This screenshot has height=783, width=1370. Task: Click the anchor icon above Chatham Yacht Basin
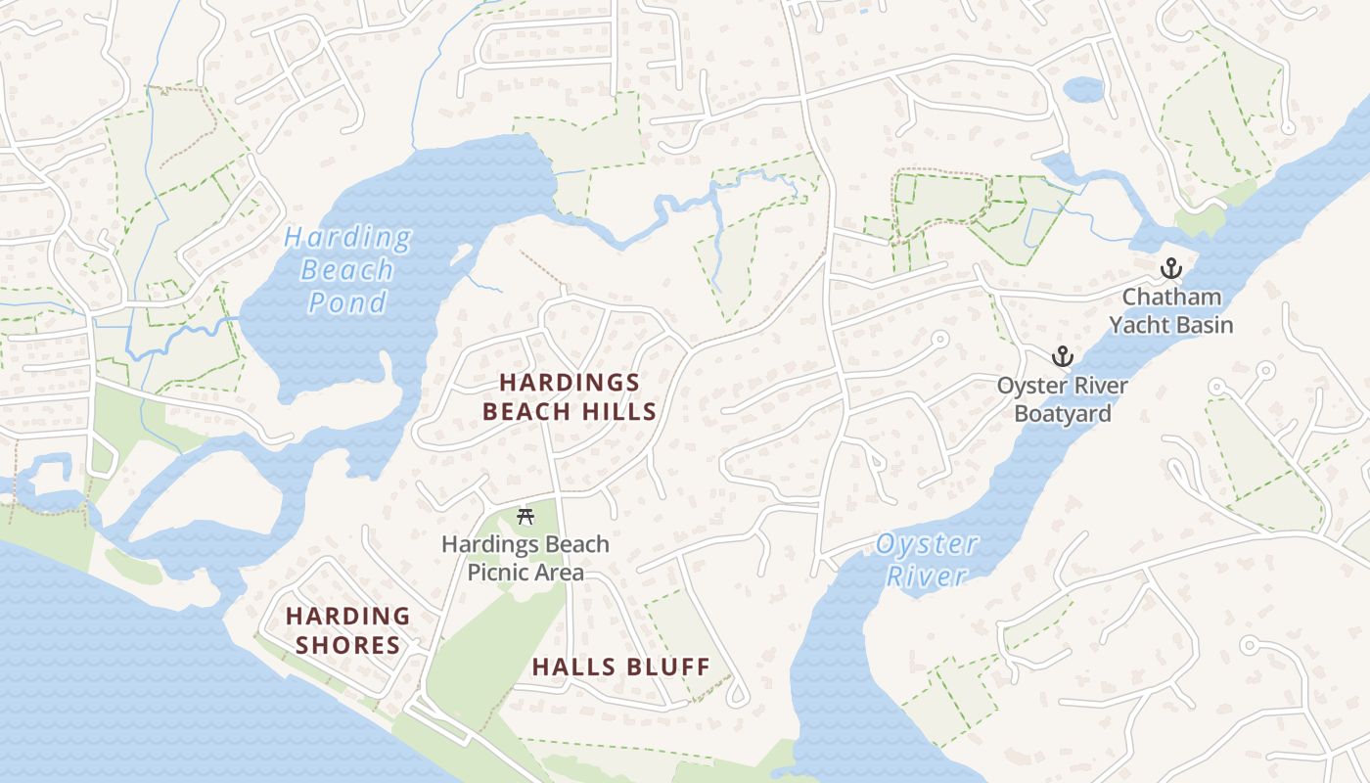point(1170,268)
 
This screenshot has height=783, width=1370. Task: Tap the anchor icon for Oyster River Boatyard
point(1062,357)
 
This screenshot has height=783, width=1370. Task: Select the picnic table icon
point(525,517)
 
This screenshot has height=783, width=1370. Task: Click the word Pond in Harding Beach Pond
point(347,302)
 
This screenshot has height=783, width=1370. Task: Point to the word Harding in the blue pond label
point(347,238)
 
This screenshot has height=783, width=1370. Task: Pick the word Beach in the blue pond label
point(347,270)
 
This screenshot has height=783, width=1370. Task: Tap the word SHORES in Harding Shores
point(347,646)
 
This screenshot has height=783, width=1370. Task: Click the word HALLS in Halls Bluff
point(570,668)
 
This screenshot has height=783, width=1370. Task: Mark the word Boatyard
point(1062,414)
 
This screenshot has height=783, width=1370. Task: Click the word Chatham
point(1171,297)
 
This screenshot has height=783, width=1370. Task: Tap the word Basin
point(1205,325)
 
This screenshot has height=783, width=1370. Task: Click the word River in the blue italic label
point(926,576)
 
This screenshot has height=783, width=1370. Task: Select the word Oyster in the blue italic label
point(926,544)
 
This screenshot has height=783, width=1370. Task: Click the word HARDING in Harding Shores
point(347,617)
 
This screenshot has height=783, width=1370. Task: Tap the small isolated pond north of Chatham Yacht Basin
point(1082,90)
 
